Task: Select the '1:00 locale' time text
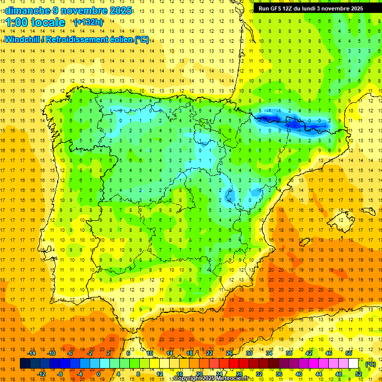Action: [x=35, y=22]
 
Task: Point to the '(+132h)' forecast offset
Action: [x=88, y=22]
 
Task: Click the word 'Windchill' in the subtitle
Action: [x=23, y=39]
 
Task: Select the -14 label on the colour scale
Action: [x=31, y=353]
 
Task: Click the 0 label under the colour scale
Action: [x=98, y=374]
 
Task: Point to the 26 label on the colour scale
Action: [x=229, y=353]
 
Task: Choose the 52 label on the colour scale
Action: [x=359, y=374]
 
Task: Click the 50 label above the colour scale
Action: [x=348, y=353]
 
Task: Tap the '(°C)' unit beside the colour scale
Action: [x=370, y=364]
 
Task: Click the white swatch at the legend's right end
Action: [x=353, y=364]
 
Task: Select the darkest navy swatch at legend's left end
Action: [x=25, y=364]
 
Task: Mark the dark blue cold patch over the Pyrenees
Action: [x=291, y=122]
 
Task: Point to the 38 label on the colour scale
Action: [x=289, y=353]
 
